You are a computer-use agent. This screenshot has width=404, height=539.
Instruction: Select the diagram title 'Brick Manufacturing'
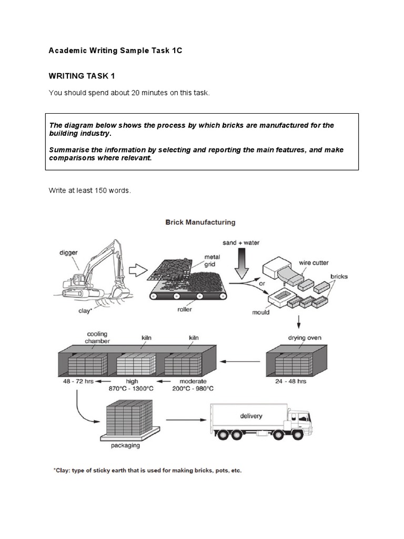point(200,223)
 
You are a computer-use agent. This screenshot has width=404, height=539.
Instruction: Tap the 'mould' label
point(260,312)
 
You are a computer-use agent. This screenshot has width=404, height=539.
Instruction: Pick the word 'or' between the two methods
point(260,283)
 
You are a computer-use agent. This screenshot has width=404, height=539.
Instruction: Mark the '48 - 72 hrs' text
point(75,381)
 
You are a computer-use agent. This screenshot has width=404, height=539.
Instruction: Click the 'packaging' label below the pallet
point(125,445)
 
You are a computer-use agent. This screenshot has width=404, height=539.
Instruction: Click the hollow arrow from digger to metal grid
point(138,272)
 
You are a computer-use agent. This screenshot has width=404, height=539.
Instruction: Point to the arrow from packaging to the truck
point(185,420)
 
